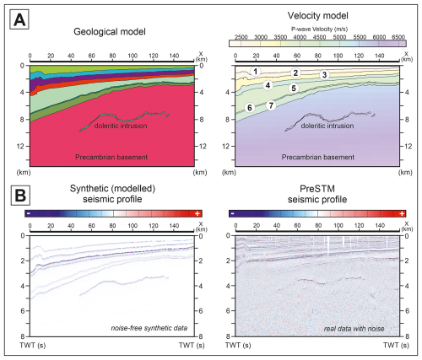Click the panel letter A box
click(19, 19)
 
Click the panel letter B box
click(20, 196)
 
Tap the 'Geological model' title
click(110, 32)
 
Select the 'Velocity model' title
click(317, 16)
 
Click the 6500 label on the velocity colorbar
click(398, 37)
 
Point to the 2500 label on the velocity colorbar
click(241, 37)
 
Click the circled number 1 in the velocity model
click(256, 72)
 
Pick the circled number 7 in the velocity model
click(271, 105)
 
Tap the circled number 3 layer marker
click(325, 75)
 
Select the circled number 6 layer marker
click(250, 108)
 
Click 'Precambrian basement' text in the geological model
click(111, 157)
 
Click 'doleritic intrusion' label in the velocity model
click(327, 126)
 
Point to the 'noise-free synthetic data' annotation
click(149, 328)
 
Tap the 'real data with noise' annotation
click(354, 328)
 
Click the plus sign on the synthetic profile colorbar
click(197, 213)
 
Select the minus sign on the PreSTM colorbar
click(233, 213)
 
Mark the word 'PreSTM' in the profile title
click(317, 189)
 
